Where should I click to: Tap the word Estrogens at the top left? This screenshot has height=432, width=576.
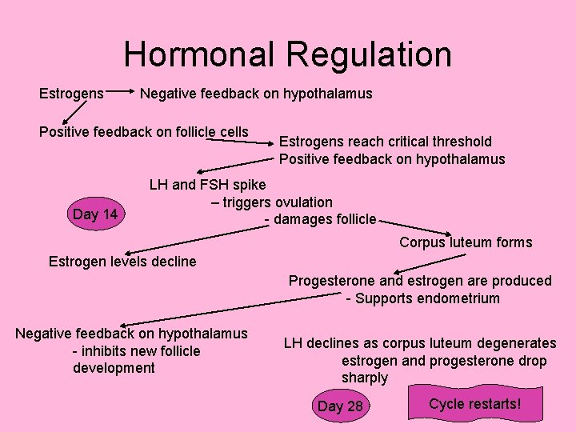click(71, 94)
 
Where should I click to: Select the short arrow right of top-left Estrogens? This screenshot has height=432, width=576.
click(122, 94)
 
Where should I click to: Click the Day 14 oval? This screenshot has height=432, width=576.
click(95, 214)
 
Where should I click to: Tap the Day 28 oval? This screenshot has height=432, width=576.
click(340, 406)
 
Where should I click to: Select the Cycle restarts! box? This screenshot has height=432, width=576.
click(474, 403)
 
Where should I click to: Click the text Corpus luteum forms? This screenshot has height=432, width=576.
click(465, 242)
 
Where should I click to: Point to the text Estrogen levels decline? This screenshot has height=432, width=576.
click(122, 261)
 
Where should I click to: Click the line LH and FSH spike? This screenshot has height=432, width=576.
click(208, 185)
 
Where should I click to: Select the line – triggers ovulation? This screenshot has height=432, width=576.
click(272, 202)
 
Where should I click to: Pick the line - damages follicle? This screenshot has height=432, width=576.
click(320, 218)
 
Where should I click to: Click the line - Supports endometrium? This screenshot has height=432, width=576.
click(422, 298)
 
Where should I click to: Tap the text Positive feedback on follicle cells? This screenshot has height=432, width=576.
click(144, 131)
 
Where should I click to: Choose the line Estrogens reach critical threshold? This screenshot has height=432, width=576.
click(386, 142)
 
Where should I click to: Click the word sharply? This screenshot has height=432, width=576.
click(364, 378)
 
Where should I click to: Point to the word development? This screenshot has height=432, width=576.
click(114, 368)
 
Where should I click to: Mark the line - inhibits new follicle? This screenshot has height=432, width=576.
click(136, 351)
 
